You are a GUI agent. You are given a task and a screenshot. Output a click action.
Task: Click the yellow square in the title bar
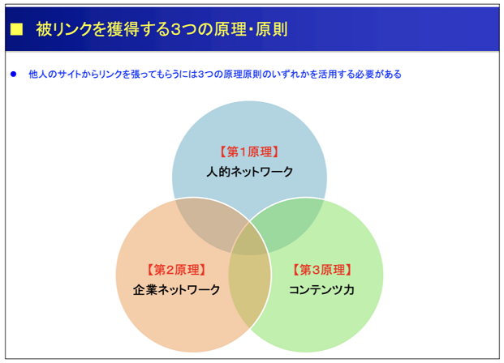(x=16, y=29)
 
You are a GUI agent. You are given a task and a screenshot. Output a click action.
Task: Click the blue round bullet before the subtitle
(x=14, y=75)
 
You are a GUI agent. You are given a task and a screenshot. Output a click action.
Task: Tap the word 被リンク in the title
(x=64, y=29)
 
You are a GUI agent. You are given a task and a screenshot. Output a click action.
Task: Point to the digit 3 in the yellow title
(x=175, y=29)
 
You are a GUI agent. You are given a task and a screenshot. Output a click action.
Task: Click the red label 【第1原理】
(x=249, y=152)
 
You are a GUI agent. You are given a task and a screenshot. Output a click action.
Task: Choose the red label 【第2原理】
(x=176, y=270)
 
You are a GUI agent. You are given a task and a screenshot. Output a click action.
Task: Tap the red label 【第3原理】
(x=322, y=270)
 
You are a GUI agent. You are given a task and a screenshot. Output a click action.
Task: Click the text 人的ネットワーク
(x=249, y=172)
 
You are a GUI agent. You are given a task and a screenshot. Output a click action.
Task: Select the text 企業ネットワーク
(x=176, y=290)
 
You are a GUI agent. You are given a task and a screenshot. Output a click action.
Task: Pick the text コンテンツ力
(x=321, y=290)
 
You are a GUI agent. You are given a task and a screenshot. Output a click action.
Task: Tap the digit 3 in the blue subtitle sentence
(x=201, y=75)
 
